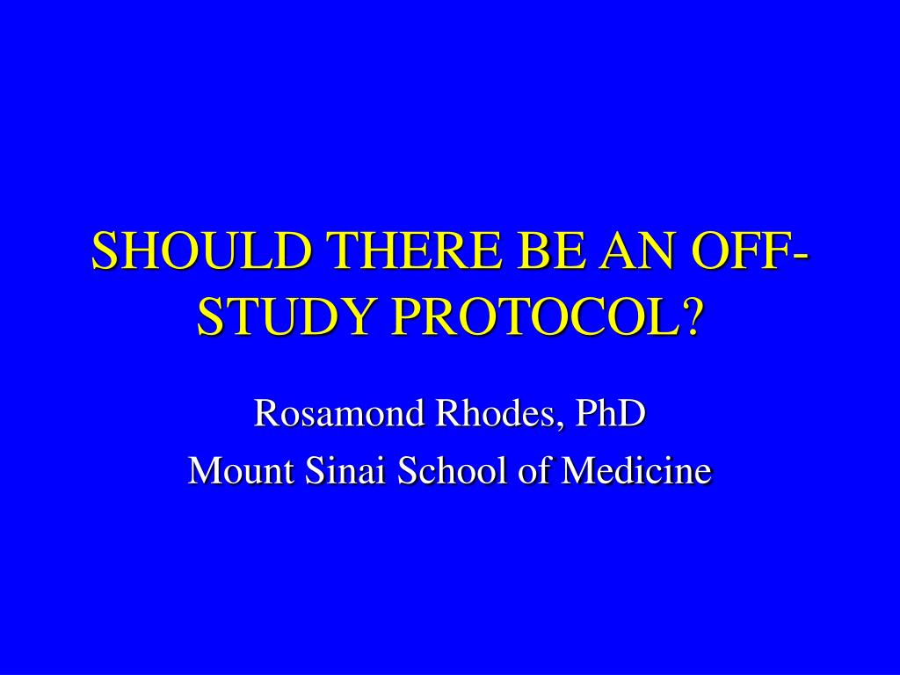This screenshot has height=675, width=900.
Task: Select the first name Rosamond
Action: pos(338,412)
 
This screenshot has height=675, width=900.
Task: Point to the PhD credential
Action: pos(611,412)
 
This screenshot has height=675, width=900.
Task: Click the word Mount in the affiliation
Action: pos(242,470)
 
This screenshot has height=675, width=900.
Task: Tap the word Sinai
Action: pos(345,470)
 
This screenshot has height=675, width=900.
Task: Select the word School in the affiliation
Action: pos(453,470)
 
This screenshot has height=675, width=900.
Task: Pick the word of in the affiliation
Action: pos(535,470)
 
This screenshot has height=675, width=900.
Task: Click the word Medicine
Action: pos(636,470)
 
